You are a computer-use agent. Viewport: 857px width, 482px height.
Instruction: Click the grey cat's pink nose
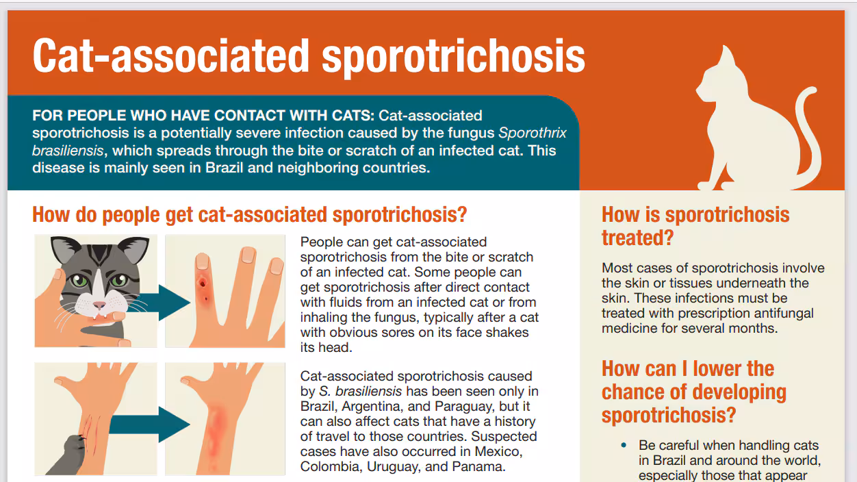pos(100,303)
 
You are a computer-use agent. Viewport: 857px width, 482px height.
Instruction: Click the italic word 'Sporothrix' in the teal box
pos(533,133)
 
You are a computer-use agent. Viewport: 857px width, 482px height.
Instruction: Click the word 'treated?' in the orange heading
pos(637,238)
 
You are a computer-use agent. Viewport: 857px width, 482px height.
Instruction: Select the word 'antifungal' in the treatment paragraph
pos(780,313)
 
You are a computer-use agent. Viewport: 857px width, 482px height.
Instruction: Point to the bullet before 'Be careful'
pos(623,446)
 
